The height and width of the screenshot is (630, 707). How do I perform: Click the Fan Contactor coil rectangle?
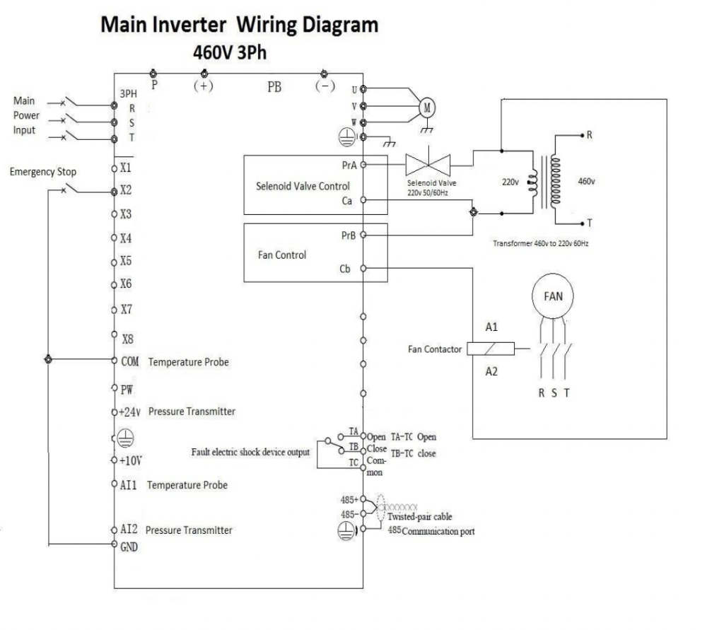pos(491,348)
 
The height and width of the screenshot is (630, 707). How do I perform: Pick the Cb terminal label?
pos(346,269)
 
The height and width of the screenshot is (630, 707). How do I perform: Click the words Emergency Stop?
pos(42,171)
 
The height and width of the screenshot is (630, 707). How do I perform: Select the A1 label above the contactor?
pos(491,327)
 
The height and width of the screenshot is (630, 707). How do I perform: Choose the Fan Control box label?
pos(282,255)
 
